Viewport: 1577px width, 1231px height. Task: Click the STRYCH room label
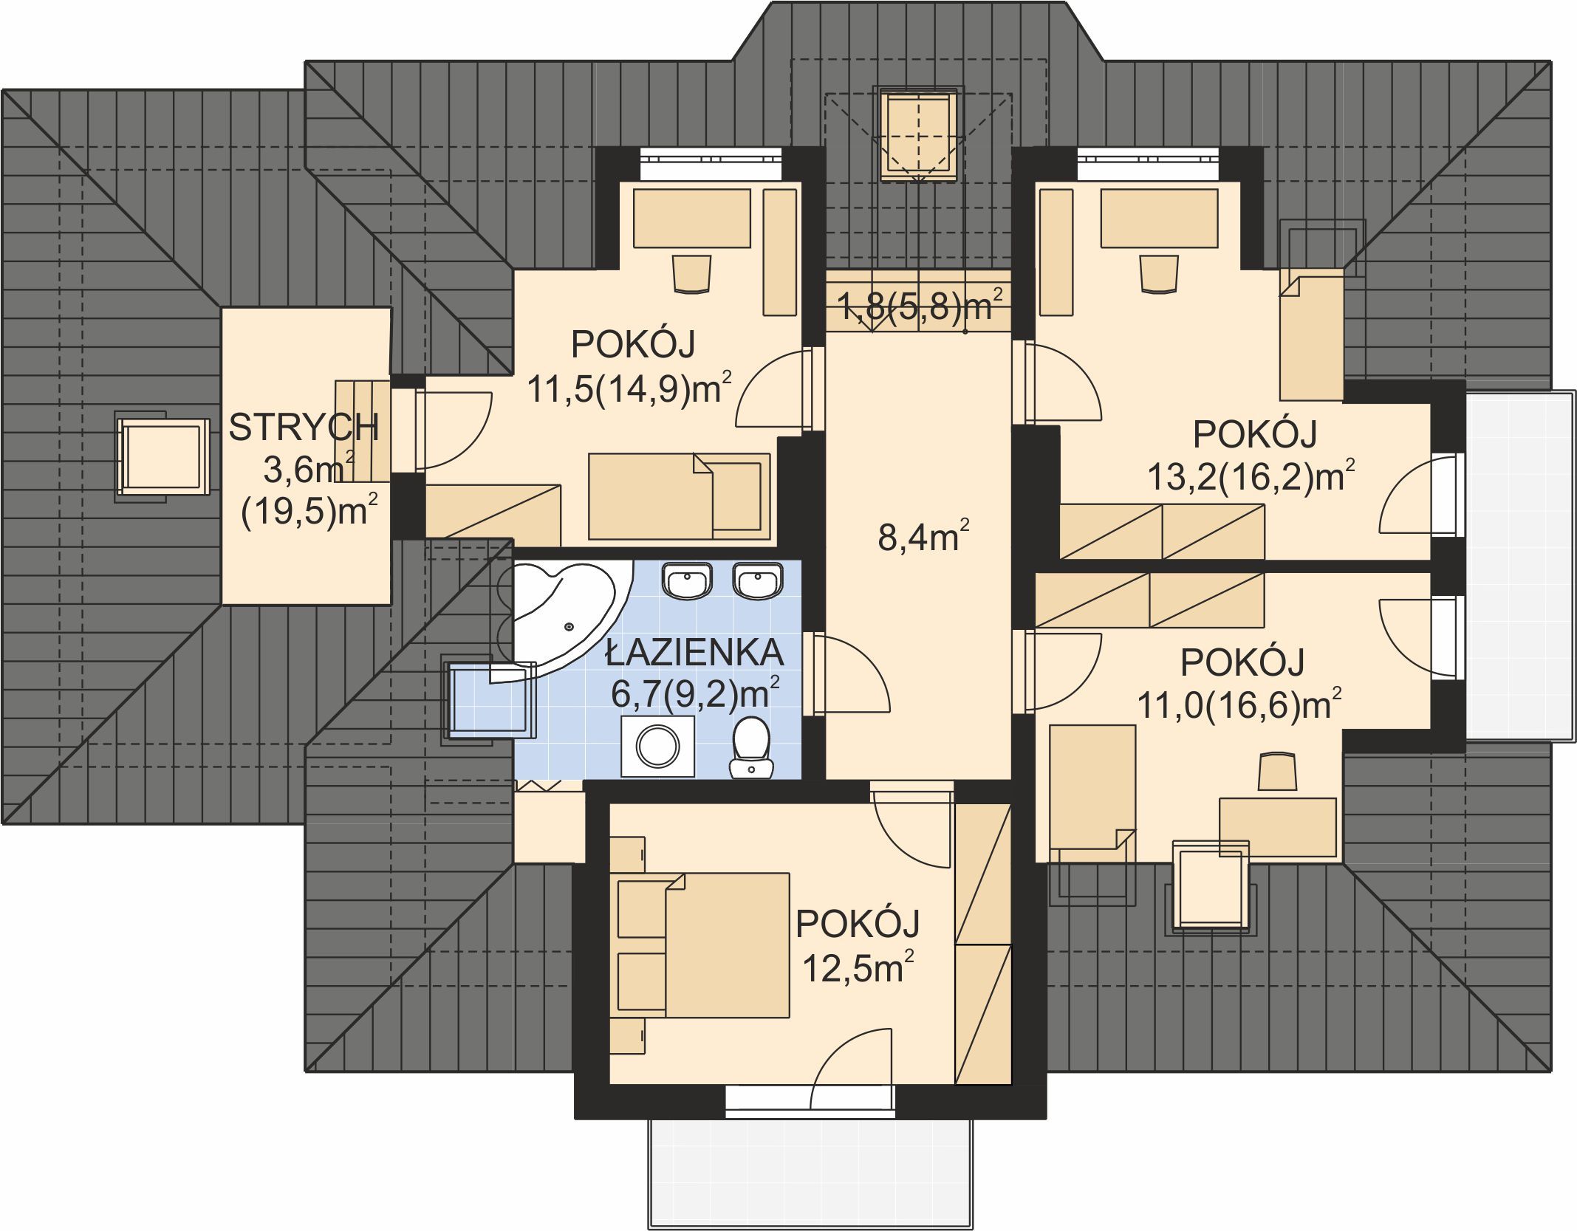[304, 428]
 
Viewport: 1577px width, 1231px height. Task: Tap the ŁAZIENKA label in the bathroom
[694, 652]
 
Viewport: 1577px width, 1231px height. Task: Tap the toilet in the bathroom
[751, 747]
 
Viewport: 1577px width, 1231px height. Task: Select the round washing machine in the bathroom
[657, 746]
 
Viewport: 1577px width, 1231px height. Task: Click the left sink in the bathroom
[688, 580]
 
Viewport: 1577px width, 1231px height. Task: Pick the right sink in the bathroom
[758, 580]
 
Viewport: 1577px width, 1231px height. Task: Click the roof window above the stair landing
[919, 134]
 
